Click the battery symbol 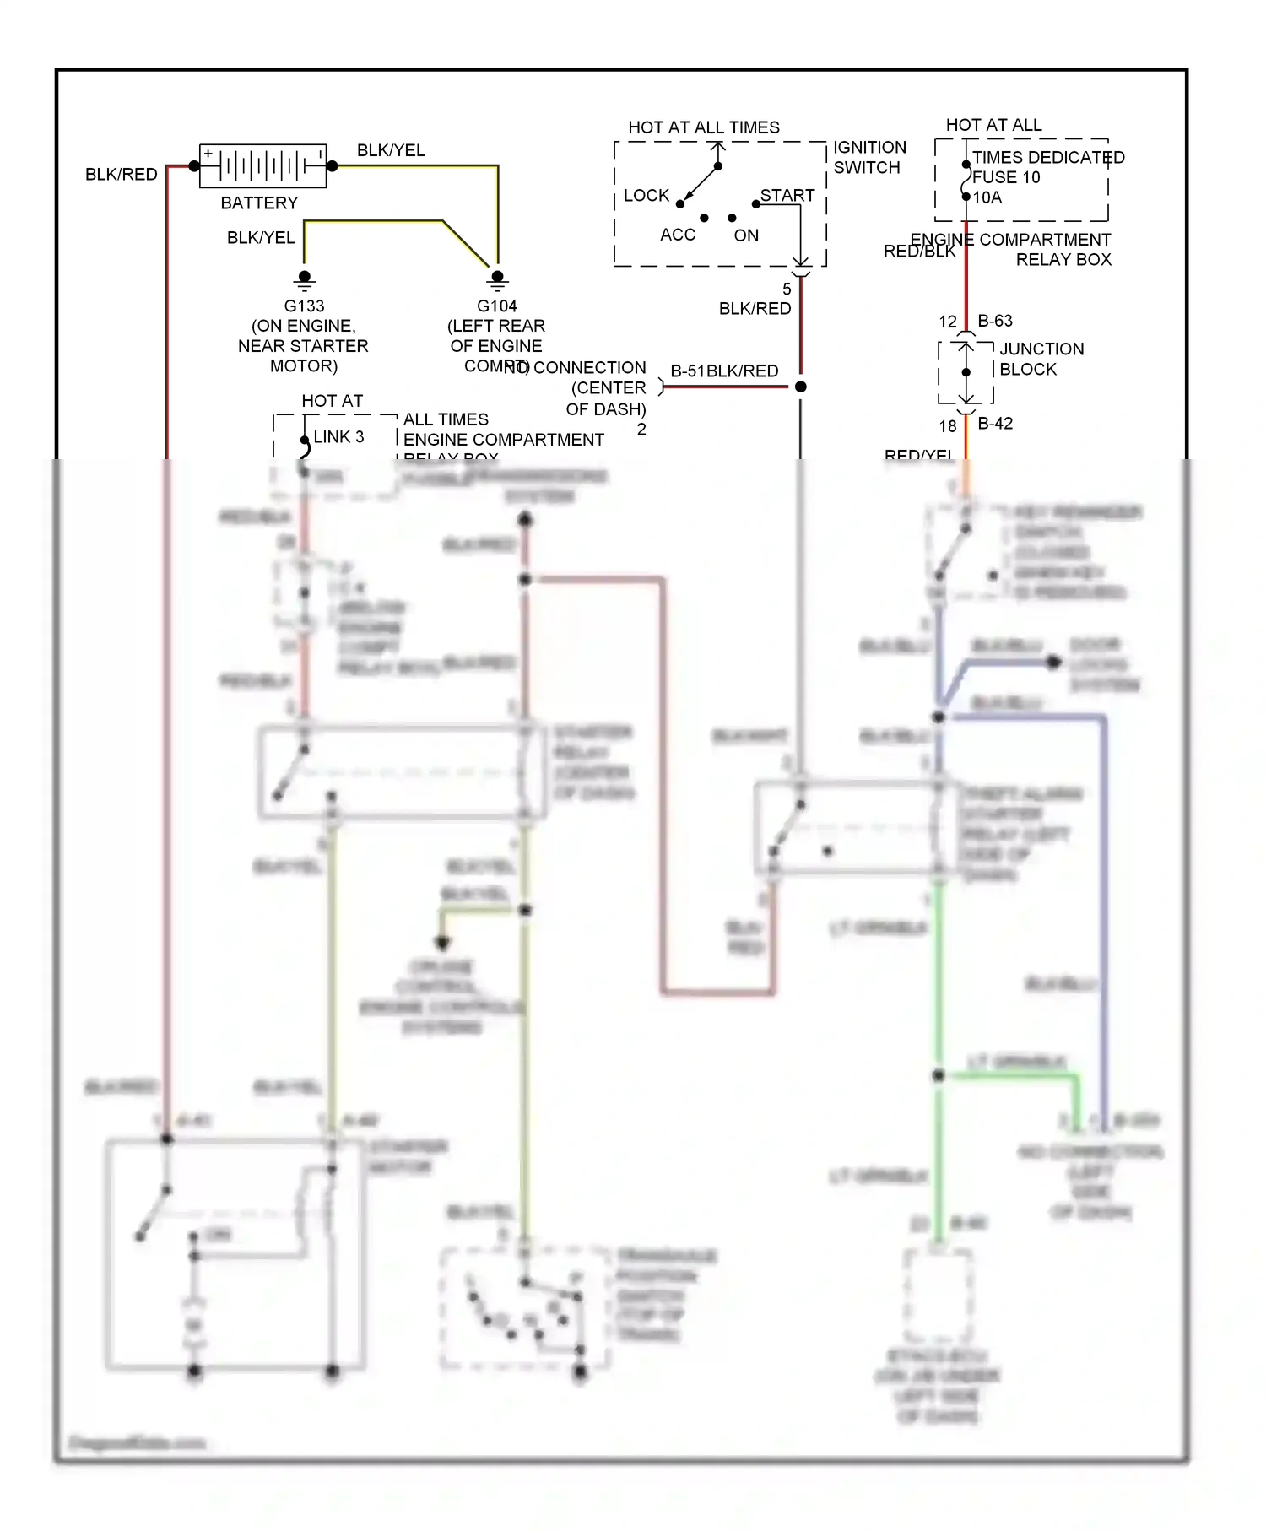tap(262, 165)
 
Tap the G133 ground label tap(304, 306)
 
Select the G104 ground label tap(496, 306)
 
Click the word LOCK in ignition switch tap(646, 196)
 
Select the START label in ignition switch tap(787, 196)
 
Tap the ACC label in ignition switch tap(678, 235)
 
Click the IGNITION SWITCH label tap(869, 158)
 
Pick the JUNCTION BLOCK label tap(1041, 359)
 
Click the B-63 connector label tap(995, 321)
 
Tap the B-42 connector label tap(995, 424)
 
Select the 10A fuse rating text tap(987, 198)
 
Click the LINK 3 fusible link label tap(338, 437)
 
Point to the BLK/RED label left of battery tap(122, 175)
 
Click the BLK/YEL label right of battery tap(391, 150)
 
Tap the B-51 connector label tap(687, 371)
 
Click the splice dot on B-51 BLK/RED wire tap(801, 387)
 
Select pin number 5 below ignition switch tap(787, 289)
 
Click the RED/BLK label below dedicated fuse tap(918, 252)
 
